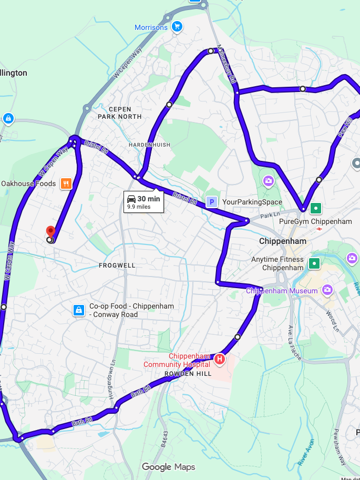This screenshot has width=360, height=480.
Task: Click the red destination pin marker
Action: click(50, 232)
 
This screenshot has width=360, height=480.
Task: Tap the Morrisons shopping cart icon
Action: click(177, 27)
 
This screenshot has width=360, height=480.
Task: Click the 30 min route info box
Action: click(143, 202)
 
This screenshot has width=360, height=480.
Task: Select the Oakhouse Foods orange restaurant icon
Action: click(66, 183)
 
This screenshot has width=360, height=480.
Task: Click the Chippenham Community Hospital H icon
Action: click(220, 360)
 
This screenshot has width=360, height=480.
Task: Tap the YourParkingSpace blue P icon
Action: click(211, 202)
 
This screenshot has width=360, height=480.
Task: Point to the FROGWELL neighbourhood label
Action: click(117, 265)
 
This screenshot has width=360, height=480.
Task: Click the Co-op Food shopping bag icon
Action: click(78, 310)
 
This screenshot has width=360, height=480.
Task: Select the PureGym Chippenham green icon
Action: click(315, 208)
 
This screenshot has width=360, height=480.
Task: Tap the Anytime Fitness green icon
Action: click(314, 263)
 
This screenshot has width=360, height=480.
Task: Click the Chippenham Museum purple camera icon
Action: click(327, 290)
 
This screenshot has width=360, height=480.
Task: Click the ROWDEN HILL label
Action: click(188, 374)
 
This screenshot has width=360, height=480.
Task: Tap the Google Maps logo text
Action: click(168, 467)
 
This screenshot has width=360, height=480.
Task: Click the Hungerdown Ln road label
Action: click(112, 380)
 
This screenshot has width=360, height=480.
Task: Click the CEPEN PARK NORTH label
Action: click(119, 113)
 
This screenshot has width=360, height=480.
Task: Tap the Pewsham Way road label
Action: click(343, 452)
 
